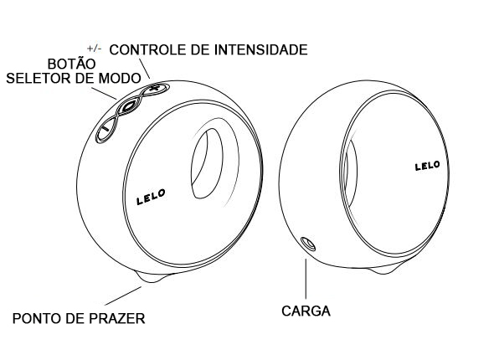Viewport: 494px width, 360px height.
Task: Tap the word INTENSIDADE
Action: (261, 49)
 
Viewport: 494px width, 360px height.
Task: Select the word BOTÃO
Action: (71, 64)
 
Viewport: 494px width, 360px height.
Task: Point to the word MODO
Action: (120, 78)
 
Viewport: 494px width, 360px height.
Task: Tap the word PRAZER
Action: (117, 318)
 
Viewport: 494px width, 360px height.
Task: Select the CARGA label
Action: (306, 311)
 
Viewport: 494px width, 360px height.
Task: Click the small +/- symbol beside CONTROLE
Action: (95, 49)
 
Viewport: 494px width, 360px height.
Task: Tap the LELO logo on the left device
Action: (151, 198)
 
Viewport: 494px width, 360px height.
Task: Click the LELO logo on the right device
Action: (428, 166)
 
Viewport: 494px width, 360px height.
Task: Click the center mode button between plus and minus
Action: (128, 106)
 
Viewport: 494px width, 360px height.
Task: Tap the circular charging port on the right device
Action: (308, 244)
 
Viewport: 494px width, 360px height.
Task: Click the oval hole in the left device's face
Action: (207, 163)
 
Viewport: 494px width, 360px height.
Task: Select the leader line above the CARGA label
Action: (306, 279)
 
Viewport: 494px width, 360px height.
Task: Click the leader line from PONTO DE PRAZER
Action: (123, 296)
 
